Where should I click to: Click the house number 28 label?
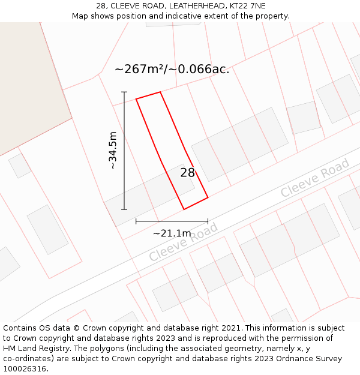click(188, 173)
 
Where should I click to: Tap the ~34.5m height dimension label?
click(112, 151)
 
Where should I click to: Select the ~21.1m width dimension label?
click(172, 233)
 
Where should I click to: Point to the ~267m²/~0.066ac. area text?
click(172, 70)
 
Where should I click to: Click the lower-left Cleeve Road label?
click(184, 242)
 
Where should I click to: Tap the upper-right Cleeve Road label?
click(315, 178)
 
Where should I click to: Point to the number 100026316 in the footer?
click(25, 369)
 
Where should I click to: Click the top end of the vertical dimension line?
click(124, 92)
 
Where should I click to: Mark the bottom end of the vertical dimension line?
click(124, 209)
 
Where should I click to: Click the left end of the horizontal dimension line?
click(136, 221)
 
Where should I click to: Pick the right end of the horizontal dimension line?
click(208, 221)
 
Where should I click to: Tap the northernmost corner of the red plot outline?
click(160, 92)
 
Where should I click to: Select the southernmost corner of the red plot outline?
click(184, 209)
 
